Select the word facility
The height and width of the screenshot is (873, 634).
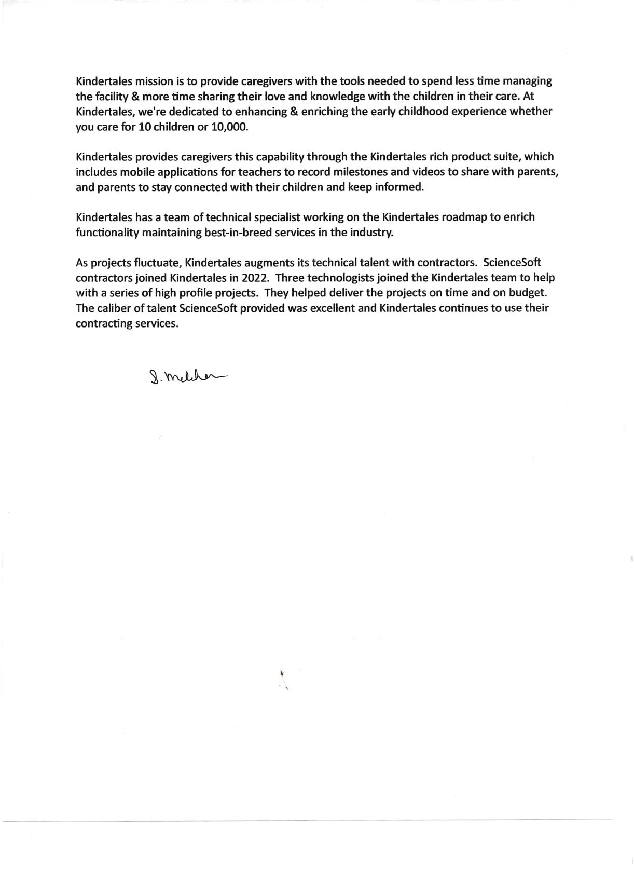tap(108, 97)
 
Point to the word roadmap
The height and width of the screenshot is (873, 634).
tap(464, 217)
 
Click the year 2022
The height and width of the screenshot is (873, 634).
tap(254, 278)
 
